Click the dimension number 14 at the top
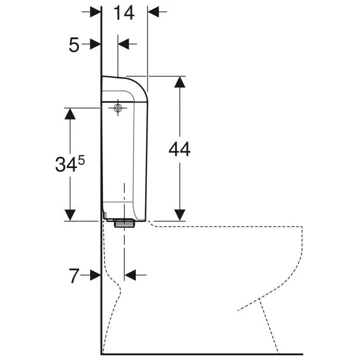[124, 13]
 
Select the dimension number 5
[74, 45]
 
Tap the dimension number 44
[180, 149]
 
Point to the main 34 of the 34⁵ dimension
[66, 164]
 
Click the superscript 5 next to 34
[81, 160]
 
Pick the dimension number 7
[74, 276]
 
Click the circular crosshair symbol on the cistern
[118, 108]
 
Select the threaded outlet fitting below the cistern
[124, 223]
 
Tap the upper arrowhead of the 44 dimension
[180, 82]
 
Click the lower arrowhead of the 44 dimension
[180, 215]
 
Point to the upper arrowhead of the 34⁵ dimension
[70, 114]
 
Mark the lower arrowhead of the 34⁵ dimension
[70, 215]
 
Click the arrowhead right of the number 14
[153, 12]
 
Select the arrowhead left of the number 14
[95, 12]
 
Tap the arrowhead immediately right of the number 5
[95, 44]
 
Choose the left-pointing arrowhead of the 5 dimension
[124, 44]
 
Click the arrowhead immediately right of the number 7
[95, 275]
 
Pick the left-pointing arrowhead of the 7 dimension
[131, 275]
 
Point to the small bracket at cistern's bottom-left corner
[104, 216]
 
